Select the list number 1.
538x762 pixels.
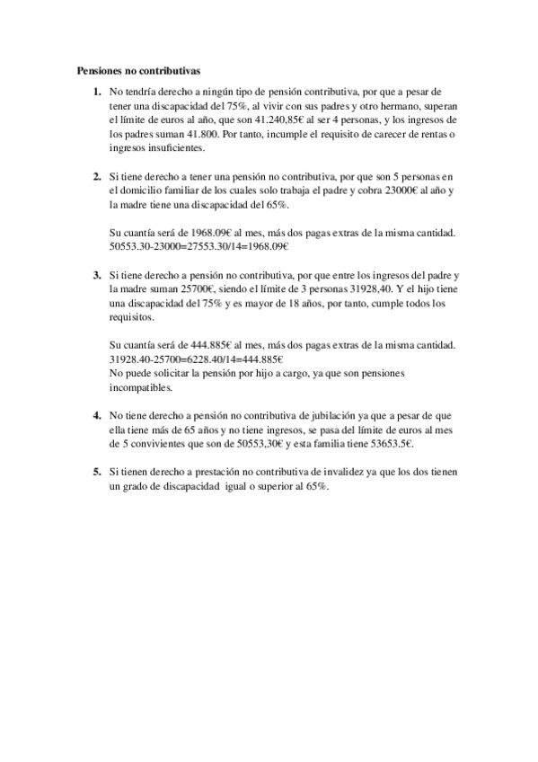(x=96, y=92)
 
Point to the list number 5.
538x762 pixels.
(x=96, y=471)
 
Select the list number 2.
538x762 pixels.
(x=96, y=175)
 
